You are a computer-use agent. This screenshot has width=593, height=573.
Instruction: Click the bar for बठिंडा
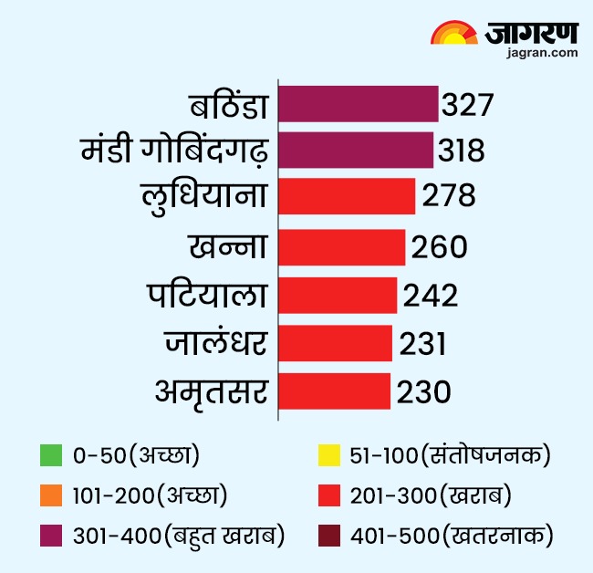tap(358, 104)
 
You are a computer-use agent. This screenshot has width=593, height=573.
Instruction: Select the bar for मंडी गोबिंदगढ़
tap(356, 151)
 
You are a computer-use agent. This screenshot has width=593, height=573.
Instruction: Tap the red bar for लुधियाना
tap(347, 197)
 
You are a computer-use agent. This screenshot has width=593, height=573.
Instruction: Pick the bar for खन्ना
tap(341, 246)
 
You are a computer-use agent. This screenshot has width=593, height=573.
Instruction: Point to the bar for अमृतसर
tap(334, 391)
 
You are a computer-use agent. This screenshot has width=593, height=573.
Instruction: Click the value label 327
tap(467, 104)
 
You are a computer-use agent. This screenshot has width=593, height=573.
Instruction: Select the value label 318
tap(460, 151)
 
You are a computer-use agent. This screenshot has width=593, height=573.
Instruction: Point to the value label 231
tap(421, 343)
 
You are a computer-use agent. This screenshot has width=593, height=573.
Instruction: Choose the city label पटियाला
tap(207, 296)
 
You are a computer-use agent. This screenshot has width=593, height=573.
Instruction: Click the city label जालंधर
tap(216, 344)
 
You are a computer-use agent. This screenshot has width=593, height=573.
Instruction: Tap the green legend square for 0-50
tap(52, 453)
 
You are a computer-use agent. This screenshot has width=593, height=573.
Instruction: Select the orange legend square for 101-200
tap(52, 495)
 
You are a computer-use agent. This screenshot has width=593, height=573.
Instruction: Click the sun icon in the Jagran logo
tap(453, 34)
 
